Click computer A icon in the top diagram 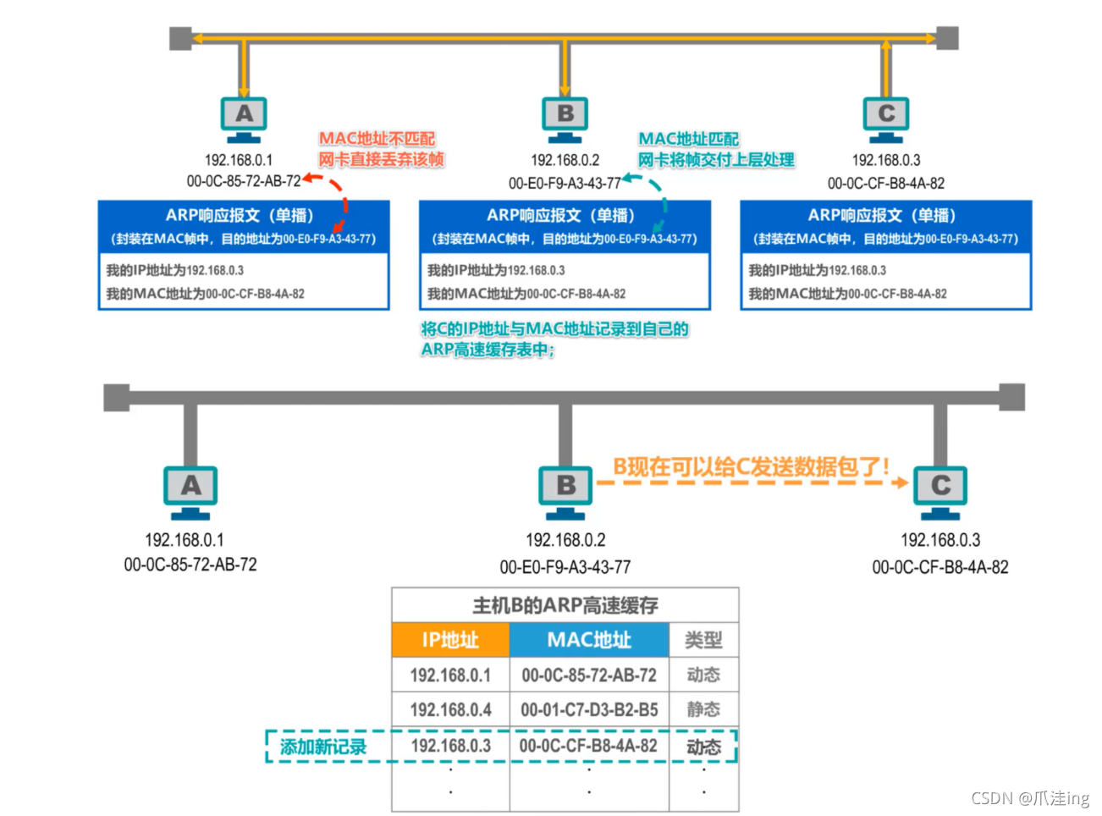244,117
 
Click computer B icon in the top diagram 565,117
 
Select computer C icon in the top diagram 886,117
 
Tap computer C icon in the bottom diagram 940,489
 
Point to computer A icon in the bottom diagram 190,489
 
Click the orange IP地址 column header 450,640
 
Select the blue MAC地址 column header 589,640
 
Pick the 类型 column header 703,640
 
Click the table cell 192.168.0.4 450,709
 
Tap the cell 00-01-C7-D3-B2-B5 589,709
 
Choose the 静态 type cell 703,709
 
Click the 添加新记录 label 323,747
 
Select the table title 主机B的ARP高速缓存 565,605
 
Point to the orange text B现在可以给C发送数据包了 751,466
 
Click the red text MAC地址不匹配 377,138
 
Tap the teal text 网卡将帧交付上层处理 716,160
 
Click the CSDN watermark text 1029,797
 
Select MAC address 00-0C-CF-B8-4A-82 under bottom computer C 940,567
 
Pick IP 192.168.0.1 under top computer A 239,160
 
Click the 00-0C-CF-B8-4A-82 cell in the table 588,746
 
